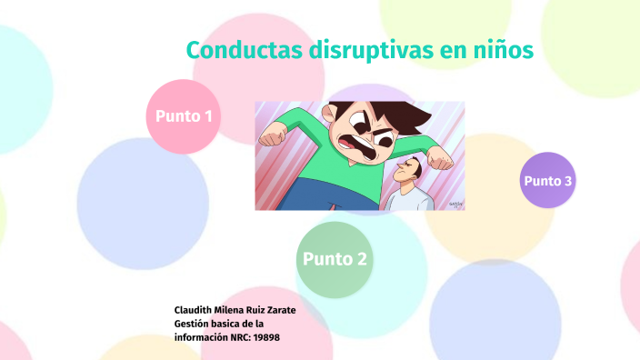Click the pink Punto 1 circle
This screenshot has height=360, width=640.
(184, 116)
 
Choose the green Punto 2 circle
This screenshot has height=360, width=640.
(335, 259)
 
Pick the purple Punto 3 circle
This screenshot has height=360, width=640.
(547, 180)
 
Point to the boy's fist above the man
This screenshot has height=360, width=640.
(441, 159)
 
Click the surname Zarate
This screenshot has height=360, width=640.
(277, 310)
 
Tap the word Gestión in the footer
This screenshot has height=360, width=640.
(195, 324)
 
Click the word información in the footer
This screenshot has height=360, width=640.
(201, 337)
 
